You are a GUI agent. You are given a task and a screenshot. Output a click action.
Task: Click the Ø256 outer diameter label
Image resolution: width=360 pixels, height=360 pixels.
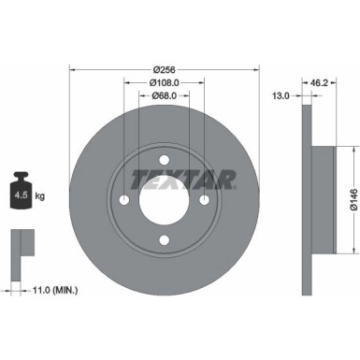[165, 69]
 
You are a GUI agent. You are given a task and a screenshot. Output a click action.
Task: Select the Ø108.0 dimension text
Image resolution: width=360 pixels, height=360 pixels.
[165, 81]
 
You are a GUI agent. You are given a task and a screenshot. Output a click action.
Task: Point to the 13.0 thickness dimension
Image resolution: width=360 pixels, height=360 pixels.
[278, 94]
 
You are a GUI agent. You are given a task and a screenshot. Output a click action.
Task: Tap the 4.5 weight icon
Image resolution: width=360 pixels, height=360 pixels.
[21, 194]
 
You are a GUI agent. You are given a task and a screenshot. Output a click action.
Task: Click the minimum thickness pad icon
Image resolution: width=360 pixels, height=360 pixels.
[20, 246]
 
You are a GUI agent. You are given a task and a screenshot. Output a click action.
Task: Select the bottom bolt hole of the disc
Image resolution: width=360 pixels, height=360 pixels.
[165, 241]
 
